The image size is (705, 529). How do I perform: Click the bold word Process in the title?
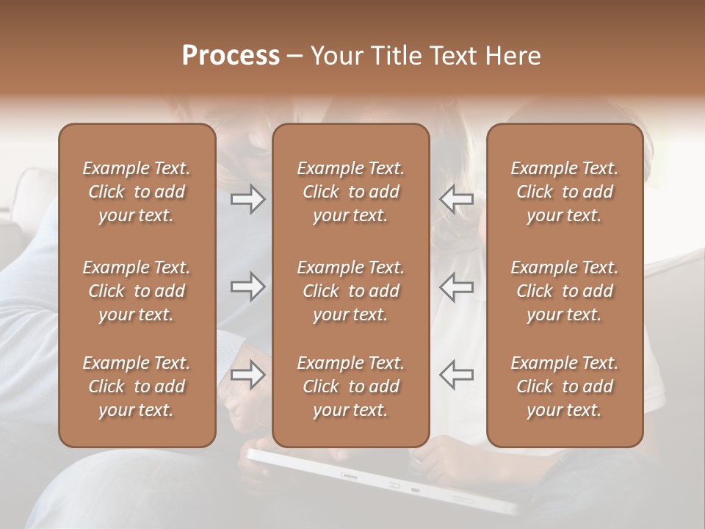[x=231, y=55]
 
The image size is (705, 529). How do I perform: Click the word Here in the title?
[x=513, y=55]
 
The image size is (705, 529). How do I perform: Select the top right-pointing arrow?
[x=247, y=199]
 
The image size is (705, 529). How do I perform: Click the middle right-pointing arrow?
[x=247, y=287]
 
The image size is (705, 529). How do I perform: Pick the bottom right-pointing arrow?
[x=247, y=375]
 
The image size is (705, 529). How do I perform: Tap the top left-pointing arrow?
[x=457, y=199]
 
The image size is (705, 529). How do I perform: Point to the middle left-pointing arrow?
[x=457, y=287]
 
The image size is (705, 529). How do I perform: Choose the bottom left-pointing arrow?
[x=457, y=375]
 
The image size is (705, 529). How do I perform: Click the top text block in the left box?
[x=137, y=192]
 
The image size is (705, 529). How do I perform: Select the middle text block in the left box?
[x=137, y=291]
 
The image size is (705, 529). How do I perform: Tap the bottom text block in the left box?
[x=137, y=386]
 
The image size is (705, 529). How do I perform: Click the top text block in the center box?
[x=351, y=192]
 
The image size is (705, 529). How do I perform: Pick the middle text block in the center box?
[x=351, y=291]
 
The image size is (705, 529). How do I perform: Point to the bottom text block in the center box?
[x=351, y=386]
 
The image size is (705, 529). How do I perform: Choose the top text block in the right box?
[x=565, y=192]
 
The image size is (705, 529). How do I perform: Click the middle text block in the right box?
[x=565, y=291]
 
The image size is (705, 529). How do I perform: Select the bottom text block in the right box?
[x=565, y=386]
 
